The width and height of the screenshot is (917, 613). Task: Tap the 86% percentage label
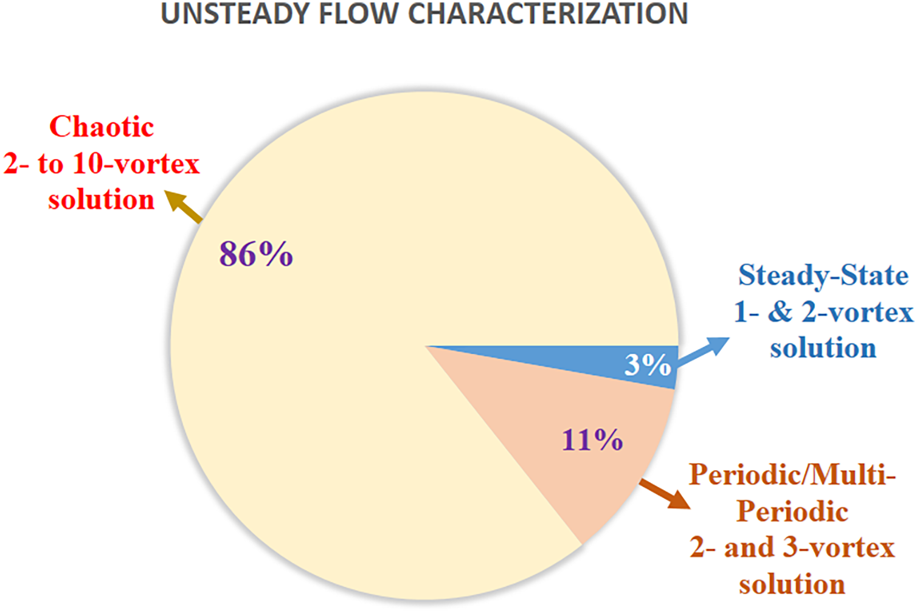(x=256, y=254)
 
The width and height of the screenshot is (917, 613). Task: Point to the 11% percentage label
(x=592, y=440)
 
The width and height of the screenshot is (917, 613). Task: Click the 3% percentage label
(x=647, y=364)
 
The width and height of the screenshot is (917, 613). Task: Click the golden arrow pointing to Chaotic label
(x=184, y=206)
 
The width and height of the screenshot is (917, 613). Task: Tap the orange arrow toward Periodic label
(x=665, y=494)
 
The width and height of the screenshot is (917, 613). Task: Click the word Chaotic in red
(x=102, y=126)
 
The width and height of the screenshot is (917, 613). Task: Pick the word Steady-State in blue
(x=823, y=275)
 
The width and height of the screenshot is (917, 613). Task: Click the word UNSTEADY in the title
(x=235, y=14)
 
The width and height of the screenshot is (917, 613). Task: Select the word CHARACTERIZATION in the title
(x=548, y=14)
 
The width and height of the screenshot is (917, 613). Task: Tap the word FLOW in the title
(x=359, y=14)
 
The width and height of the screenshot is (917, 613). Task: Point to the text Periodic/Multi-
(x=792, y=475)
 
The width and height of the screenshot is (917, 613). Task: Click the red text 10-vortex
(x=136, y=164)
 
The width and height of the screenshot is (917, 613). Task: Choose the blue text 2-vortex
(x=857, y=312)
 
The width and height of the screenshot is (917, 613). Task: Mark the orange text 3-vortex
(x=839, y=547)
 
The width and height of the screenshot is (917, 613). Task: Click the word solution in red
(x=101, y=200)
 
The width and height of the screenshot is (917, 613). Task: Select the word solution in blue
(x=823, y=348)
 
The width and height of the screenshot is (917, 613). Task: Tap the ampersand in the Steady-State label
(x=780, y=312)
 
